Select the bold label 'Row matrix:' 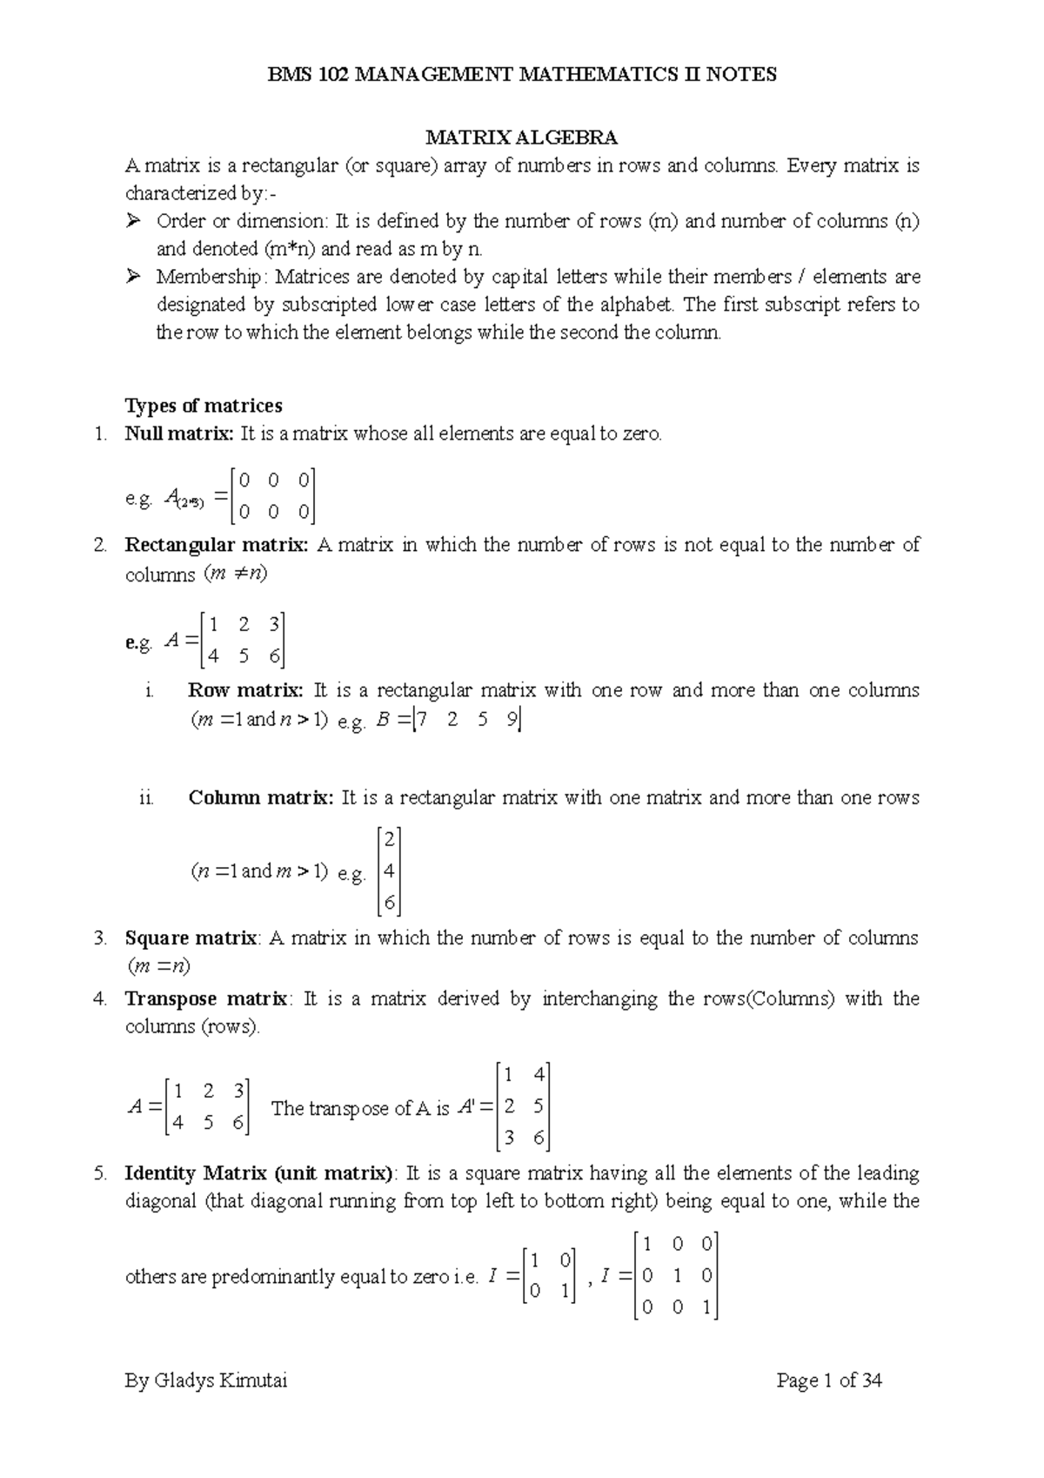(245, 690)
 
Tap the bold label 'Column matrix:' (260, 797)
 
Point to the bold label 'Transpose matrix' (205, 998)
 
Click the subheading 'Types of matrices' (204, 406)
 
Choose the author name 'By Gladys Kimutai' (206, 1381)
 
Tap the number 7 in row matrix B (423, 721)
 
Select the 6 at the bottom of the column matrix (389, 904)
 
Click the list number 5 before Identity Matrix (99, 1172)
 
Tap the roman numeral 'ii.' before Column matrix (146, 797)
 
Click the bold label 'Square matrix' (191, 938)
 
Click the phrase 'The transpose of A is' (360, 1108)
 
